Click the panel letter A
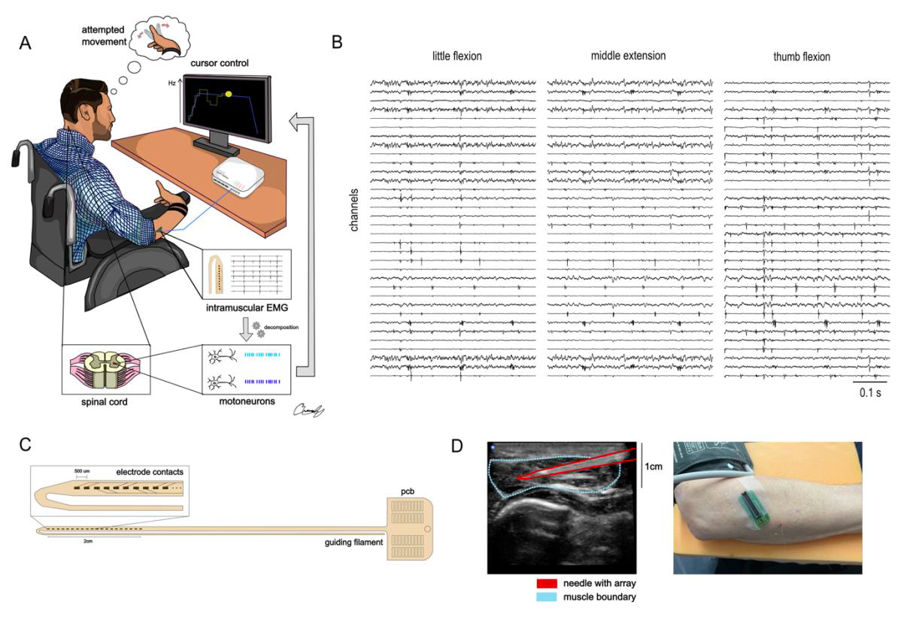tap(26, 43)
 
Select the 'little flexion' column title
tap(457, 56)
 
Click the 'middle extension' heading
tap(628, 56)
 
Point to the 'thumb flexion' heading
tap(802, 56)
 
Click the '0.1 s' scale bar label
tap(869, 392)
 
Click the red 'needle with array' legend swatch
tap(546, 582)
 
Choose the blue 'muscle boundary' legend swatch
tap(546, 597)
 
